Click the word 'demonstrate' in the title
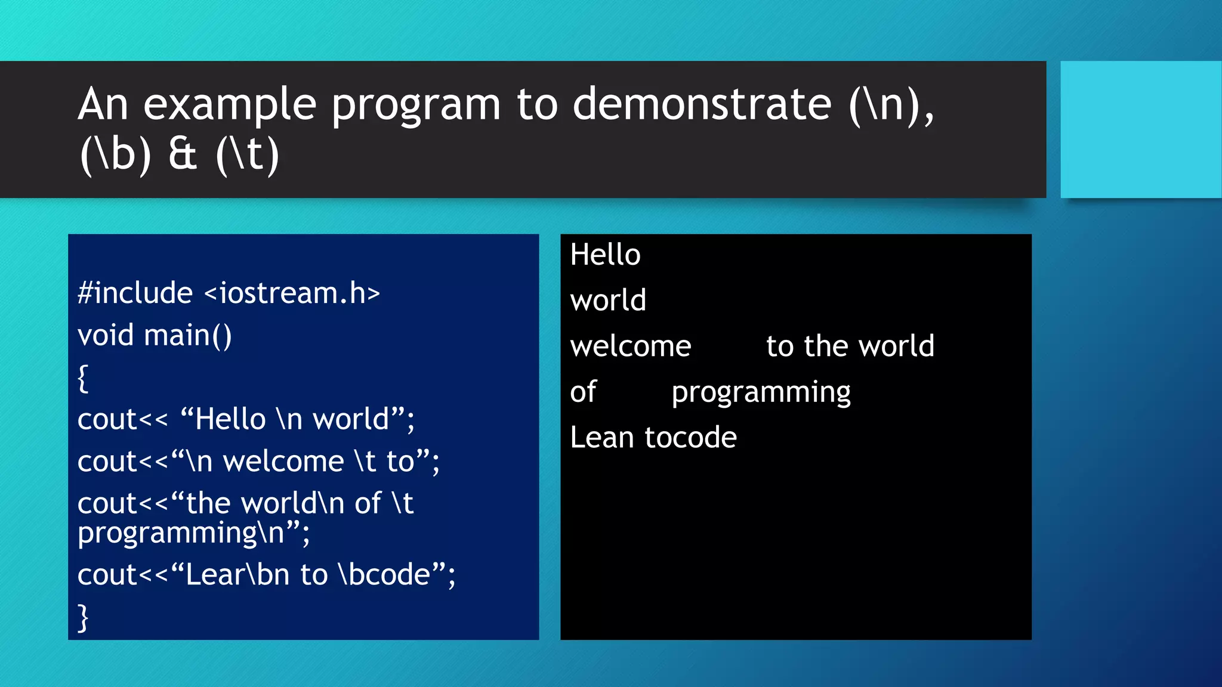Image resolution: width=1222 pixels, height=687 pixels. coord(702,104)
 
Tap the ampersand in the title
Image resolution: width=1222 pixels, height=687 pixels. coord(183,154)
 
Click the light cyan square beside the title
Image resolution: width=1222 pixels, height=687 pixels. coord(1140,129)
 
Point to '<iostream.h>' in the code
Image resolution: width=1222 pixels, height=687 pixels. coord(292,293)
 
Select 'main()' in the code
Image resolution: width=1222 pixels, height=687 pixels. coord(187,335)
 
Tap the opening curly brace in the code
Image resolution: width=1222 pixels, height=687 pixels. coord(83,378)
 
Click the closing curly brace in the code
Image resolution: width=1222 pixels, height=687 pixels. coord(83,617)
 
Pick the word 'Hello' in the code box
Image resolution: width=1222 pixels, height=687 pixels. coord(230,419)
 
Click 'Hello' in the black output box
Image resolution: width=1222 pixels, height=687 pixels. coord(605,255)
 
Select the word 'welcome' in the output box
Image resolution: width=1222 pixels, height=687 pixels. coord(631,346)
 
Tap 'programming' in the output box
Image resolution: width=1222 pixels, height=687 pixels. coord(761,393)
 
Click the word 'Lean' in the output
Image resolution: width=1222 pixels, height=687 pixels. coord(601,438)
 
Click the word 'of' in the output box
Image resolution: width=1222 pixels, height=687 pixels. coord(583,392)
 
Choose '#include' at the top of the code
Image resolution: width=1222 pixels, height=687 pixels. coord(135,293)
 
